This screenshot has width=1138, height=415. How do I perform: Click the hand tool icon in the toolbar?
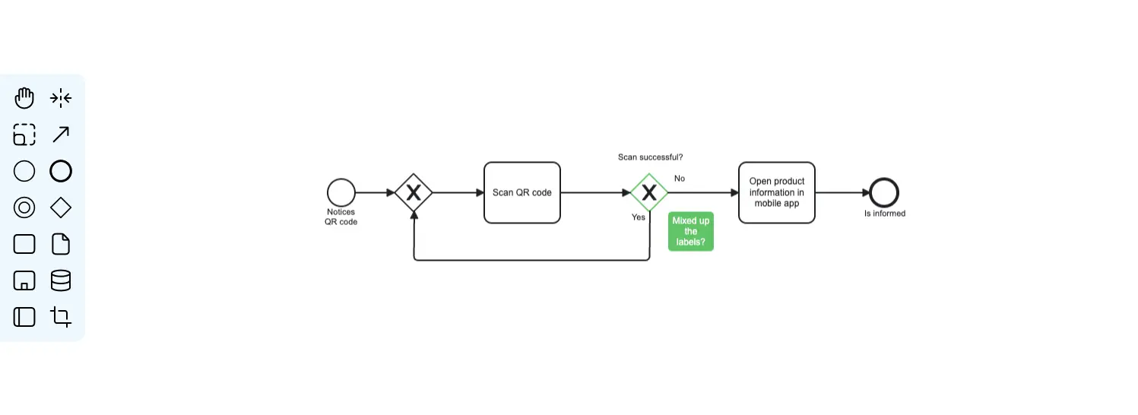[x=24, y=98]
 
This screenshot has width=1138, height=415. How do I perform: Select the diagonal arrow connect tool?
[x=61, y=135]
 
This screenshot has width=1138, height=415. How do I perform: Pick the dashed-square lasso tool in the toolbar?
[x=24, y=135]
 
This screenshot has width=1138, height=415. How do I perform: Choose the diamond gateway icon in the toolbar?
[x=61, y=207]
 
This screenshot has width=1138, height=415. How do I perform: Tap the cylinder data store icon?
[x=61, y=280]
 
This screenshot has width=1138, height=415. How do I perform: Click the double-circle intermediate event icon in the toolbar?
[x=24, y=207]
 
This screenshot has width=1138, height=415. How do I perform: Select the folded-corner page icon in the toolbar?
[x=61, y=244]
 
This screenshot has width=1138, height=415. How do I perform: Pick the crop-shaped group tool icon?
[x=61, y=317]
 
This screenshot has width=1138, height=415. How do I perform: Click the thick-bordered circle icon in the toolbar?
[x=61, y=171]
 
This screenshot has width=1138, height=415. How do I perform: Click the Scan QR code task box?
[x=521, y=192]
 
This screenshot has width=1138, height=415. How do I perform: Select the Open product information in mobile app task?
[x=776, y=192]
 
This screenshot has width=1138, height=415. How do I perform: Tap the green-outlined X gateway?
[x=648, y=192]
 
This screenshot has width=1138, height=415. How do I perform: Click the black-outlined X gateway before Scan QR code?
[x=414, y=192]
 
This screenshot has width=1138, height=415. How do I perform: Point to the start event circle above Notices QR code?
[x=341, y=192]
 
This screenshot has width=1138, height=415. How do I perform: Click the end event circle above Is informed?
[x=884, y=192]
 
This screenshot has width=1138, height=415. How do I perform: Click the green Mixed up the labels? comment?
[x=690, y=231]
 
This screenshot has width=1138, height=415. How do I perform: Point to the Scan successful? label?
[x=650, y=157]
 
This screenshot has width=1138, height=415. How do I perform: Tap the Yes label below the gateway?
[x=639, y=217]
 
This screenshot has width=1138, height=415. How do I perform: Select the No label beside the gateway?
[x=679, y=179]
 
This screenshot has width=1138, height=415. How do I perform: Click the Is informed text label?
[x=884, y=214]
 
